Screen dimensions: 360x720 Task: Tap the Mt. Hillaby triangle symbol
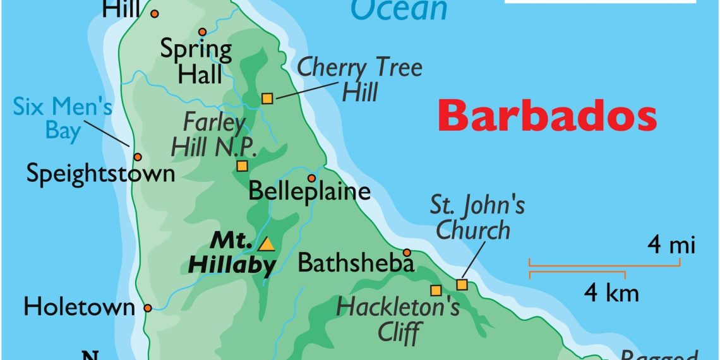(x=267, y=244)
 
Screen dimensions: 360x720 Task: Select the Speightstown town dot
(x=137, y=157)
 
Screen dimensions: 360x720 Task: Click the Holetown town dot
(x=147, y=308)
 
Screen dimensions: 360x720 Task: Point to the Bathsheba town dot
(x=407, y=252)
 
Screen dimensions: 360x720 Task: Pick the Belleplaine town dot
(x=311, y=178)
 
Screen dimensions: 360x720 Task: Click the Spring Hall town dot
(x=202, y=32)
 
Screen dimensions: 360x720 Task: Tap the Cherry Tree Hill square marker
(x=267, y=98)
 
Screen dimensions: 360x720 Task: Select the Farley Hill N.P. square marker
(x=242, y=166)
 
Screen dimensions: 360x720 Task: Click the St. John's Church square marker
(x=462, y=285)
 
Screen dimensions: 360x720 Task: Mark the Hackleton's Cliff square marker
(x=435, y=291)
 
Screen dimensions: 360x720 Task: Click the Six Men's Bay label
(x=63, y=117)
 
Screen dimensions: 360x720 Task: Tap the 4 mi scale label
(x=671, y=244)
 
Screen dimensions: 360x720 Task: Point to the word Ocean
(x=399, y=9)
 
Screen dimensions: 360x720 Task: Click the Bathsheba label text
(x=356, y=263)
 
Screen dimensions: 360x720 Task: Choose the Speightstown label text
(x=100, y=174)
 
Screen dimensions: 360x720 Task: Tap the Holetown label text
(x=79, y=308)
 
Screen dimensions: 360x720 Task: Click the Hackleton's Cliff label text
(x=399, y=318)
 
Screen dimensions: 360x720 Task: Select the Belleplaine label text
(x=309, y=191)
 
